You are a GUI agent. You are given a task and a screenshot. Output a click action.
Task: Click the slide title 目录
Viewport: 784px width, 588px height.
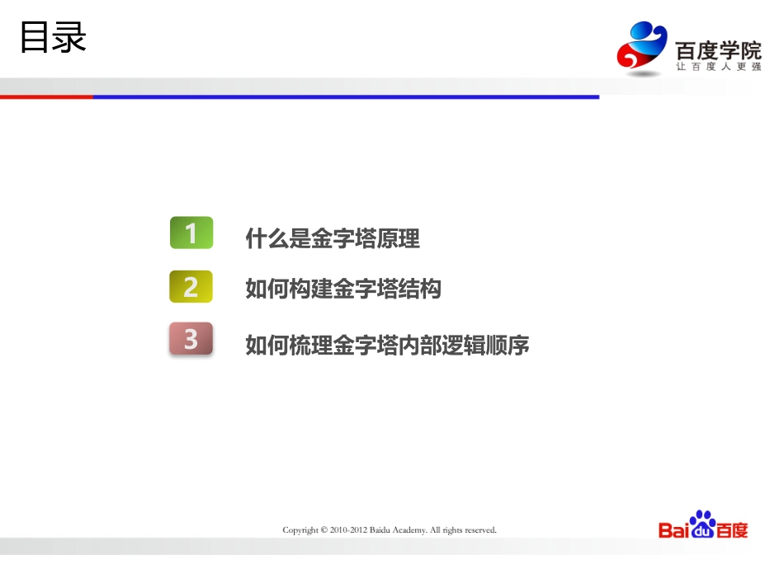pyautogui.click(x=53, y=39)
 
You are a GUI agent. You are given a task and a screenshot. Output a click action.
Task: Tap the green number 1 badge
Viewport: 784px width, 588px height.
pyautogui.click(x=191, y=233)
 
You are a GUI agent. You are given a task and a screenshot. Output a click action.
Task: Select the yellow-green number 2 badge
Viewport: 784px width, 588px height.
pyautogui.click(x=191, y=287)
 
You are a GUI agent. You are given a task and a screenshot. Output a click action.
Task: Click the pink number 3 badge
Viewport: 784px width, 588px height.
pyautogui.click(x=191, y=339)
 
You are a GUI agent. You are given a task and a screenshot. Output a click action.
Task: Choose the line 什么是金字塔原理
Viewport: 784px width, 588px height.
pyautogui.click(x=333, y=239)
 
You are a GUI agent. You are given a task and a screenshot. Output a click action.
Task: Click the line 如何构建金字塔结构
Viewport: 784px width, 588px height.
pyautogui.click(x=343, y=289)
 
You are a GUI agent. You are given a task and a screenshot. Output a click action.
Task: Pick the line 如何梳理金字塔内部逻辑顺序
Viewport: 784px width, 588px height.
pyautogui.click(x=387, y=345)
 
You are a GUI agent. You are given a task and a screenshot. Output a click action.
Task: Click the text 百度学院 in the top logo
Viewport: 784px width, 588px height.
pyautogui.click(x=718, y=49)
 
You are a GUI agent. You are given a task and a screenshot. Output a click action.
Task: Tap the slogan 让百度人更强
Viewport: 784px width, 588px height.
pyautogui.click(x=718, y=67)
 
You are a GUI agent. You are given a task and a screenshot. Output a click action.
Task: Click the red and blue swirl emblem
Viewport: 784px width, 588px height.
pyautogui.click(x=642, y=48)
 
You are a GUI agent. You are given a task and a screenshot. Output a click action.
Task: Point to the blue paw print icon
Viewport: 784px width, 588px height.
pyautogui.click(x=702, y=524)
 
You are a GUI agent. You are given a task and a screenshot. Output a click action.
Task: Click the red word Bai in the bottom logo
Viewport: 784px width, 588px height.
pyautogui.click(x=673, y=530)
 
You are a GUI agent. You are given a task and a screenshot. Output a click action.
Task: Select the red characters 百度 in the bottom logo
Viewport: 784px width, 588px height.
pyautogui.click(x=733, y=530)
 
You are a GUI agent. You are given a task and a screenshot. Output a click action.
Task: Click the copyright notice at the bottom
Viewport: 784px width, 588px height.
pyautogui.click(x=390, y=530)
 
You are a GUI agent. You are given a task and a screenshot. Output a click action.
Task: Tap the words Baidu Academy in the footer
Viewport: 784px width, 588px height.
pyautogui.click(x=399, y=530)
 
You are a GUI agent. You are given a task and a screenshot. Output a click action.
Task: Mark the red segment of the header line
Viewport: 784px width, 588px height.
pyautogui.click(x=46, y=96)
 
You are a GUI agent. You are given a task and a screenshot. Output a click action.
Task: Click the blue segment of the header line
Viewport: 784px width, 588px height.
pyautogui.click(x=346, y=96)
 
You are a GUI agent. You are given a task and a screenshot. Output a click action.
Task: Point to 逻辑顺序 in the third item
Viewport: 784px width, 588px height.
pyautogui.click(x=486, y=345)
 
